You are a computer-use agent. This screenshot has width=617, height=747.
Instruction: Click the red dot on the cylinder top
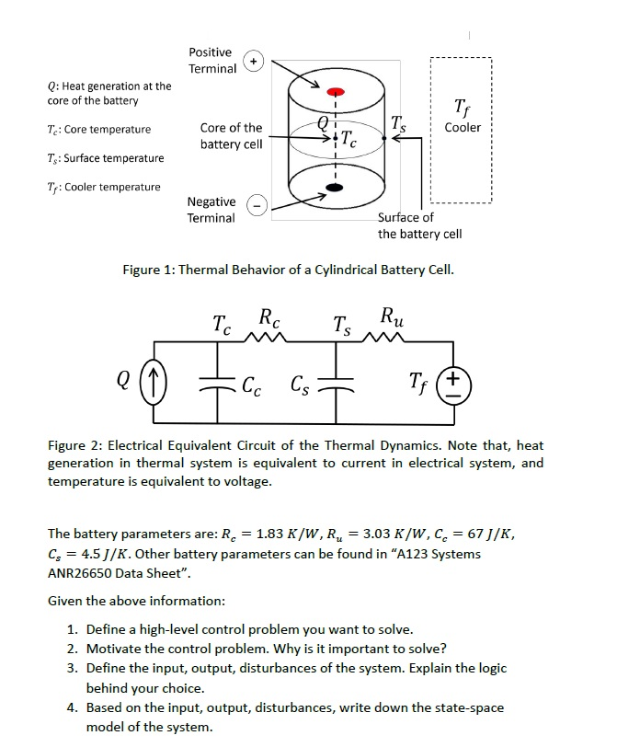pyautogui.click(x=337, y=92)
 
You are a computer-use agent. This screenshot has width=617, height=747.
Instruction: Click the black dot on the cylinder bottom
pyautogui.click(x=337, y=188)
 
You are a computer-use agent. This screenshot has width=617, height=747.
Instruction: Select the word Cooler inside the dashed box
pyautogui.click(x=462, y=128)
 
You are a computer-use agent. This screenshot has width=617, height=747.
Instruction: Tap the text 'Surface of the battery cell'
pyautogui.click(x=419, y=225)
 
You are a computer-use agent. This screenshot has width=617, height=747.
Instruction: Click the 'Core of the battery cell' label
pyautogui.click(x=231, y=136)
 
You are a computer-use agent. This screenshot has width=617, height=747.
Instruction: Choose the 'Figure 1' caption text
pyautogui.click(x=288, y=270)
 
